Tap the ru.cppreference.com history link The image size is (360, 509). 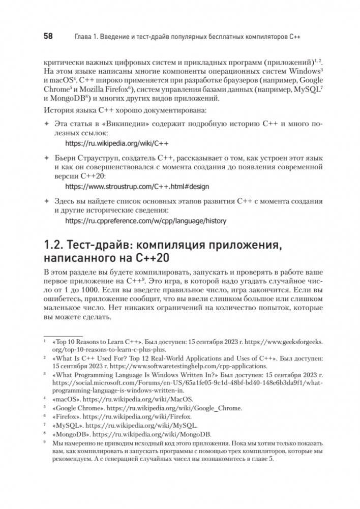click(x=146, y=221)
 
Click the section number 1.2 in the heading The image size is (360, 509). click(x=55, y=246)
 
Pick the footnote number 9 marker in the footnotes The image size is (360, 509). click(x=44, y=443)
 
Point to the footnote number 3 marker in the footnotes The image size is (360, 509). click(x=44, y=373)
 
